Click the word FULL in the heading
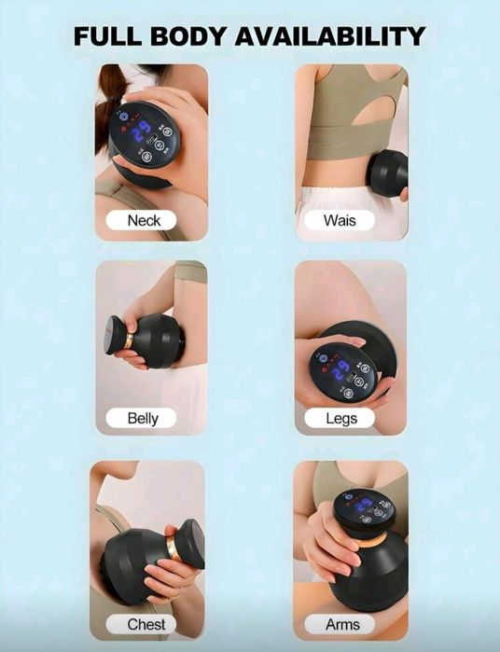tap(107, 35)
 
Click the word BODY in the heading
tap(187, 35)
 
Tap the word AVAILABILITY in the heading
tap(330, 35)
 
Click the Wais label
tap(340, 220)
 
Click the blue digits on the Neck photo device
tap(140, 132)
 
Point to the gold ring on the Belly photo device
tap(130, 341)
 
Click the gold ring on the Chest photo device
tap(172, 548)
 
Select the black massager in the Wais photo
tap(389, 173)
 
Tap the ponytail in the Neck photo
tap(109, 104)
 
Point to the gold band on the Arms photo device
tap(371, 542)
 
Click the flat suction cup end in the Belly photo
tap(116, 335)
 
